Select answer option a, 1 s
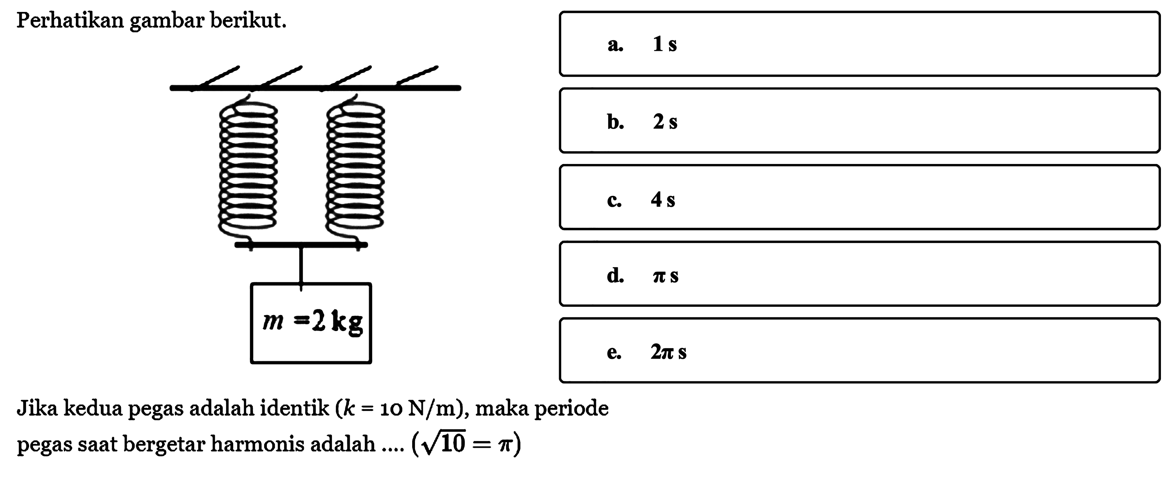pos(859,44)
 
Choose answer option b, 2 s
pos(859,120)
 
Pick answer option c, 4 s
pos(859,197)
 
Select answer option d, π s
pos(859,274)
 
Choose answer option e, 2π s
pos(859,351)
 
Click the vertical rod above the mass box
pos(300,265)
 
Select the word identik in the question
pos(294,408)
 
